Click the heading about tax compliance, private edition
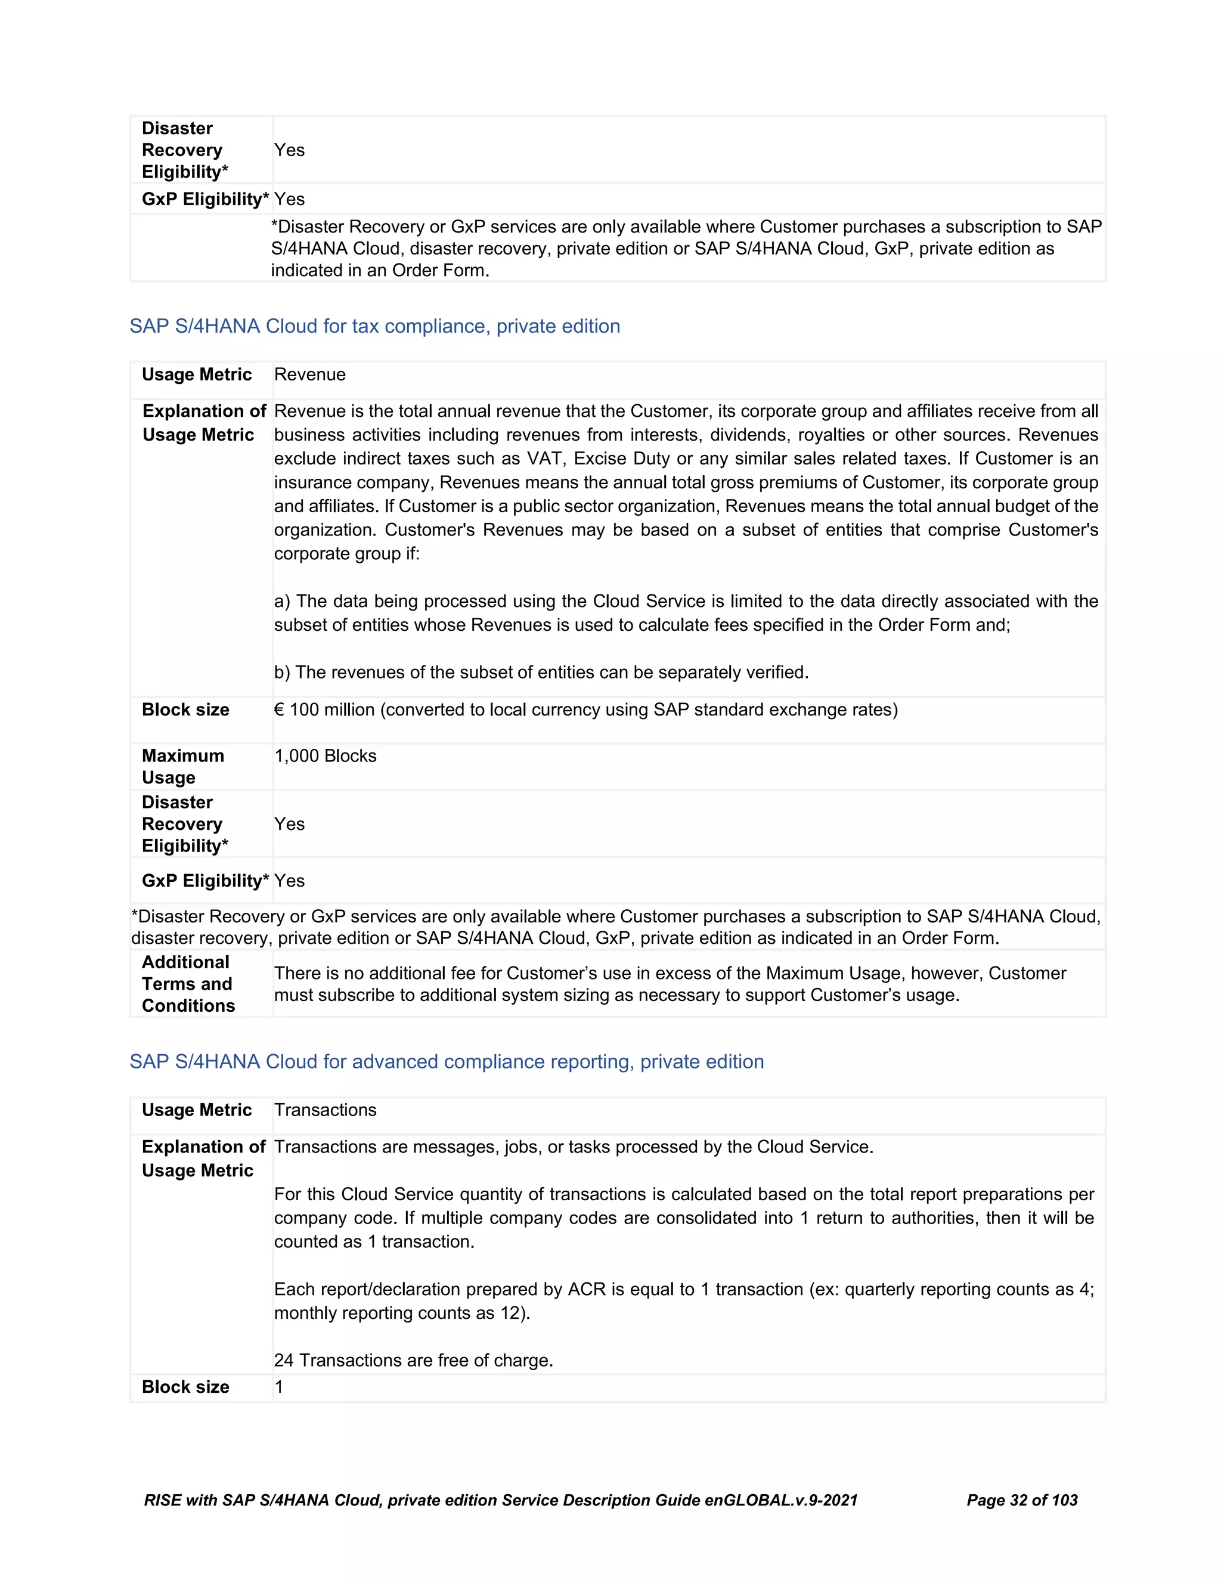374,326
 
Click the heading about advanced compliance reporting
447,1061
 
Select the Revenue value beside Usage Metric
309,375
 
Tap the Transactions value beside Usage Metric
325,1110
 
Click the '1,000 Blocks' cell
325,756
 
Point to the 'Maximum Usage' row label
182,767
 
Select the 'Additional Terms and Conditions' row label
188,984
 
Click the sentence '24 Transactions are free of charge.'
413,1361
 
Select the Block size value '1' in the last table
278,1387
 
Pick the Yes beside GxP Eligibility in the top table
289,200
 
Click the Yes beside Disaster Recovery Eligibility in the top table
289,150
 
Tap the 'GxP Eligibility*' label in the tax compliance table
204,881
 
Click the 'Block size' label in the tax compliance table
185,710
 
